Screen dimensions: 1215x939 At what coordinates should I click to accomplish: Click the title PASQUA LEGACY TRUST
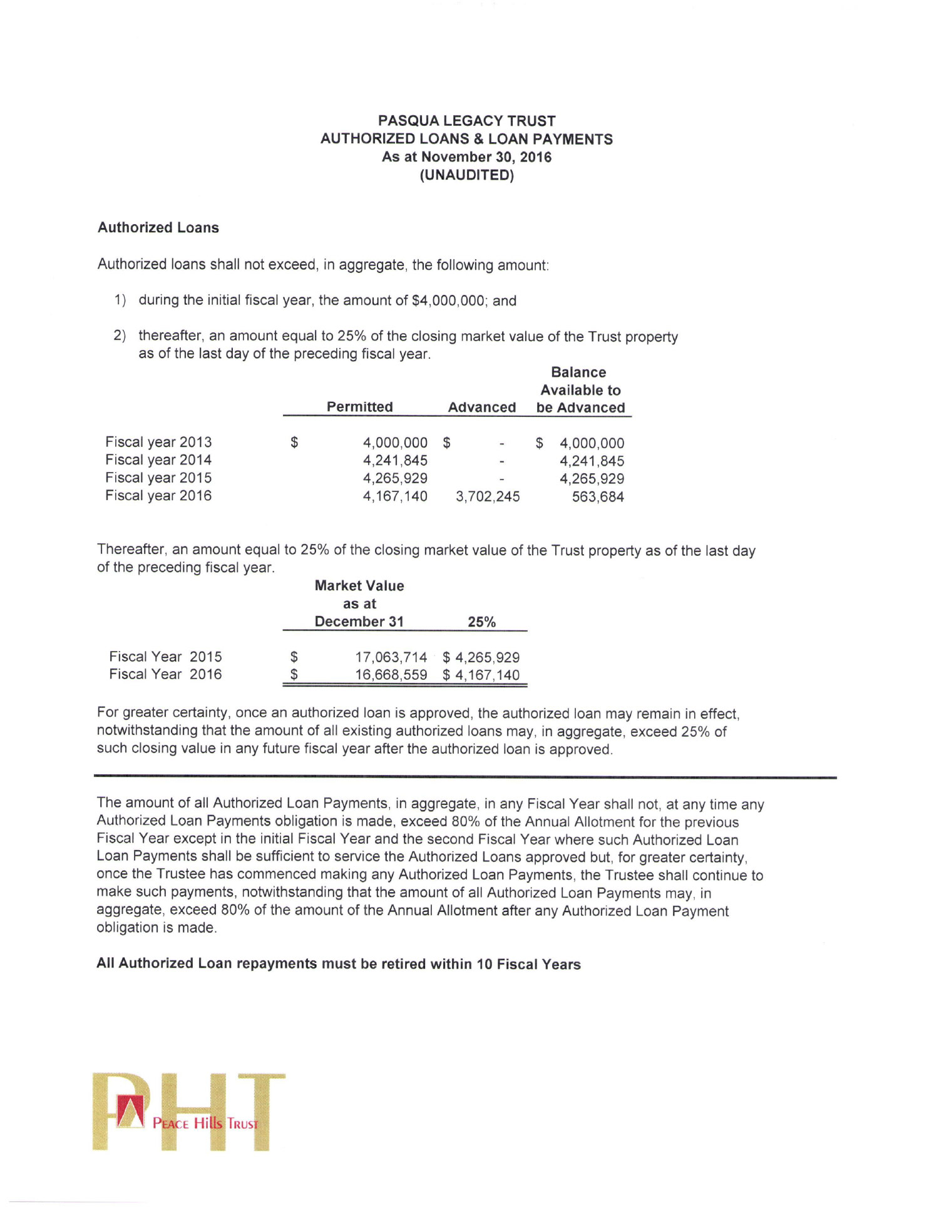[466, 121]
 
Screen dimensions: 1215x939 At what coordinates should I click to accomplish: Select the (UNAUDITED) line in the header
[466, 175]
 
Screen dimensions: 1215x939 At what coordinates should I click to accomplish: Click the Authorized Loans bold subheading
[158, 228]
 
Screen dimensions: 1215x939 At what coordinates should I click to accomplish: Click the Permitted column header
[360, 407]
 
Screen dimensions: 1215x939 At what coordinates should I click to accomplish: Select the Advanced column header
[482, 408]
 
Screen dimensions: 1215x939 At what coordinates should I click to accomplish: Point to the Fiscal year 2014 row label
[158, 460]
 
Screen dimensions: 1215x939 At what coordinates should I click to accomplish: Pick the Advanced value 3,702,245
[488, 496]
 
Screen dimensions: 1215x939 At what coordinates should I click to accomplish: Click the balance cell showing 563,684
[598, 497]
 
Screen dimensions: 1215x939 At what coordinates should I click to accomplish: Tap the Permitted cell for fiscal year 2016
[395, 496]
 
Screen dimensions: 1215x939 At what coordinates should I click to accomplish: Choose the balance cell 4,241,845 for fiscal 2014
[592, 461]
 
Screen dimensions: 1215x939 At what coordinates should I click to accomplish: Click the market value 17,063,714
[391, 657]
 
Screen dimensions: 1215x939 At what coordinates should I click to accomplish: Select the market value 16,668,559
[391, 675]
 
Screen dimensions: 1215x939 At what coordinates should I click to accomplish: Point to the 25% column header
[481, 622]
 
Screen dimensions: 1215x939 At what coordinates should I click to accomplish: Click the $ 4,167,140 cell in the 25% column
[481, 675]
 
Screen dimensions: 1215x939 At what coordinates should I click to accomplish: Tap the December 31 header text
[359, 622]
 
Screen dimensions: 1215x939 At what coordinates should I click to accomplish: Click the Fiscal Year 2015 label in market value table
[165, 657]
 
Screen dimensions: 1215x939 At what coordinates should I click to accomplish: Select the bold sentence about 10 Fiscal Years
[339, 964]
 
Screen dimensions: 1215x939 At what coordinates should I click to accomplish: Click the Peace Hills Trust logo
[188, 1112]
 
